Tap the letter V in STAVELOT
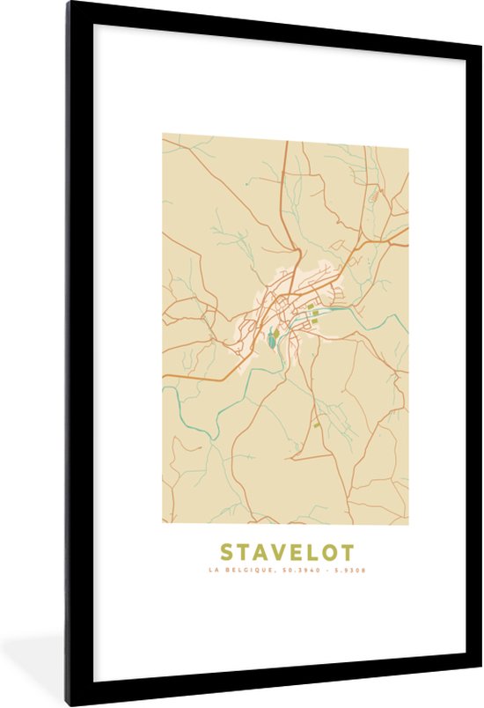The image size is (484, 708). [269, 553]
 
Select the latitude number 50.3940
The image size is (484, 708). [297, 571]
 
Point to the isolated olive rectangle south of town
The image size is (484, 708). [317, 424]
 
